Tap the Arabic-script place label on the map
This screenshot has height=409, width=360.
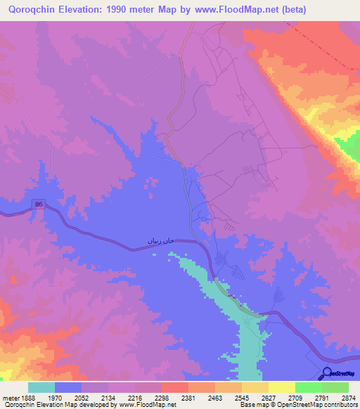[159, 241]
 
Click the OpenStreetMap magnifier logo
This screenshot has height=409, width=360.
[327, 374]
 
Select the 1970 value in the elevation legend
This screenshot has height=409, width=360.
[62, 397]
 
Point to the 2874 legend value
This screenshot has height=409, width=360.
[347, 397]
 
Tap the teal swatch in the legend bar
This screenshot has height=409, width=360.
[41, 387]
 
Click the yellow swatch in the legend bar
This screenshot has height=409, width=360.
[282, 387]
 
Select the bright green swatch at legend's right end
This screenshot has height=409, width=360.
[335, 387]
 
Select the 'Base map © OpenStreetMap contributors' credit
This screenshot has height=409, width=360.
[297, 405]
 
